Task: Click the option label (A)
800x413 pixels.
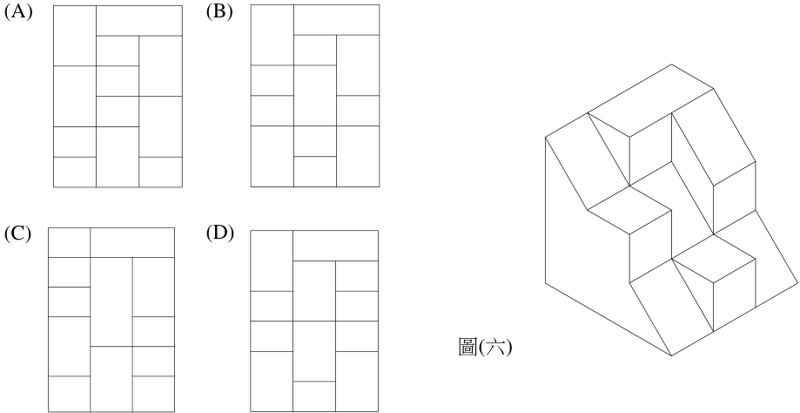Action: [18, 12]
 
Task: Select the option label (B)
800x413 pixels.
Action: [219, 12]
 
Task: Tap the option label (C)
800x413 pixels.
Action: [18, 234]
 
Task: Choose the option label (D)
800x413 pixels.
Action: [220, 234]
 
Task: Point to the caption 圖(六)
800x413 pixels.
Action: [485, 347]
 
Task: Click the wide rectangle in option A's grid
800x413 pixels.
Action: [139, 20]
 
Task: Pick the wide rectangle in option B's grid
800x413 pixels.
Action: [337, 20]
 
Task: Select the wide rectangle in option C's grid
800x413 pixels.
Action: [132, 242]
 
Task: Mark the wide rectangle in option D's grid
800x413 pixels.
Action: [336, 246]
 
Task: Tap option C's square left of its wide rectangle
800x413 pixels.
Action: [70, 242]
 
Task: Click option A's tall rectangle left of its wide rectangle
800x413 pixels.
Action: [75, 36]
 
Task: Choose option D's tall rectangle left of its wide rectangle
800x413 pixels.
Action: [272, 261]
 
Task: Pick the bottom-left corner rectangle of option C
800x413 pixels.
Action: [70, 394]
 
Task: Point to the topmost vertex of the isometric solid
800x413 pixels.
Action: [671, 64]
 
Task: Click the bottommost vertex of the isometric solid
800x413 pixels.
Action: [671, 355]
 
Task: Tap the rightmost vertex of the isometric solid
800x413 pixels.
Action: [797, 282]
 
